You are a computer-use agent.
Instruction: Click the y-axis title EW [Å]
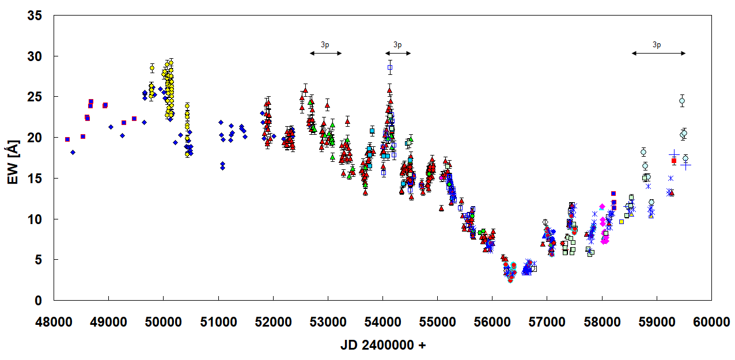[13, 159]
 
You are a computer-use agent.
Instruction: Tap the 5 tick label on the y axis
[39, 260]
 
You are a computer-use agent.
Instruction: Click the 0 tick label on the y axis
[39, 301]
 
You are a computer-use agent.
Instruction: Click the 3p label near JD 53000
[325, 44]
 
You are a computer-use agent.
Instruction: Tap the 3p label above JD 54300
[397, 44]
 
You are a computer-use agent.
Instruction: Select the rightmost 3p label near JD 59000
[657, 44]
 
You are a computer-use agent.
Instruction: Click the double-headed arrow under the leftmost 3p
[325, 53]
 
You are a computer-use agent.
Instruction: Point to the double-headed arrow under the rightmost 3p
[658, 53]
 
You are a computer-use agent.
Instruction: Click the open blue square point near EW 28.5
[390, 67]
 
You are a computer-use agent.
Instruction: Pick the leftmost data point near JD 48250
[67, 139]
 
